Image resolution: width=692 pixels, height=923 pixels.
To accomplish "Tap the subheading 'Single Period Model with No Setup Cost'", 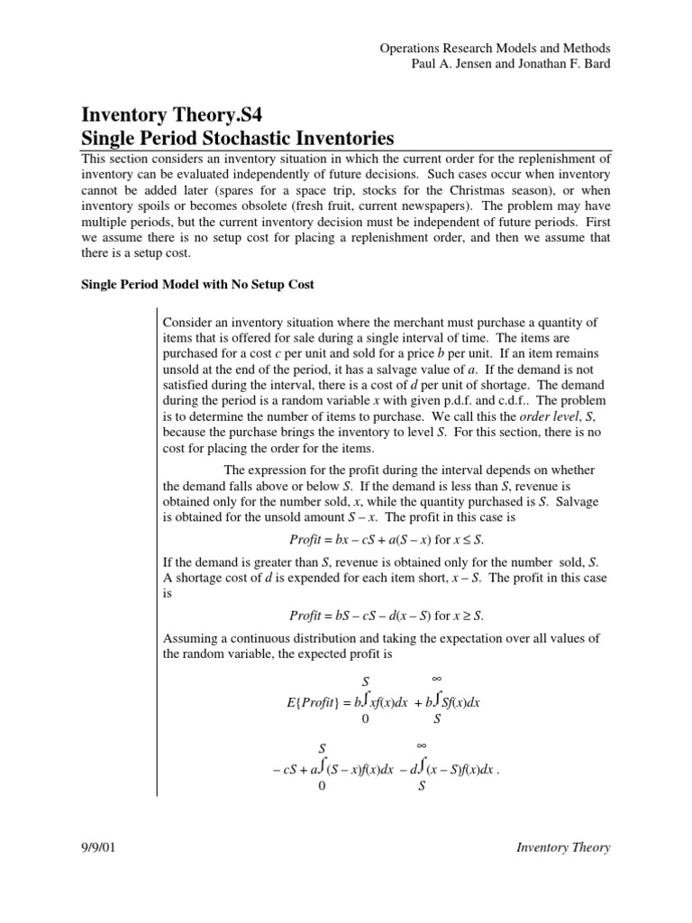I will point(198,285).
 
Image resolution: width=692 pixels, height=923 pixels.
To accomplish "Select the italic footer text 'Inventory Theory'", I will point(563,847).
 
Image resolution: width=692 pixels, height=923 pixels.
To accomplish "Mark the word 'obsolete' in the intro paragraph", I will point(250,206).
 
